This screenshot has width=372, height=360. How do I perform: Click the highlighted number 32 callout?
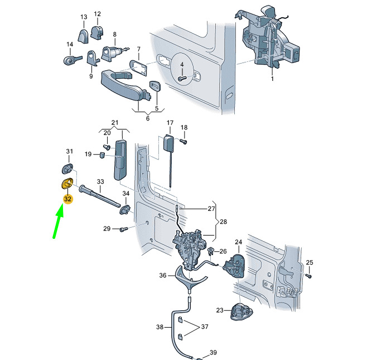pyautogui.click(x=67, y=199)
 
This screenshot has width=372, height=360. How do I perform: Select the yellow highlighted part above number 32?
pyautogui.click(x=67, y=183)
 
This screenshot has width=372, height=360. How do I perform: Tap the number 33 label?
pyautogui.click(x=100, y=181)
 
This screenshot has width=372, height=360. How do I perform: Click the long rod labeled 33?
pyautogui.click(x=100, y=196)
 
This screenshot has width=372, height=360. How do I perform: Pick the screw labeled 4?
pyautogui.click(x=182, y=78)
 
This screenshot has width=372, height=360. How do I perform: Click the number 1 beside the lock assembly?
pyautogui.click(x=272, y=78)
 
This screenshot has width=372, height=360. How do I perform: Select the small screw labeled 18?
pyautogui.click(x=183, y=141)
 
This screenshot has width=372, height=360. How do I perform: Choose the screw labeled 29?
pyautogui.click(x=124, y=229)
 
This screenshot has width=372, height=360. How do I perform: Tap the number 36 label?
pyautogui.click(x=163, y=275)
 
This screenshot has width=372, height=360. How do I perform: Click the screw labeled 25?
pyautogui.click(x=308, y=276)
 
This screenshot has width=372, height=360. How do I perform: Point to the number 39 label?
pyautogui.click(x=213, y=352)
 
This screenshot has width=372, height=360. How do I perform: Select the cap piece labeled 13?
pyautogui.click(x=83, y=36)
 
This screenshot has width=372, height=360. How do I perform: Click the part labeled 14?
pyautogui.click(x=73, y=60)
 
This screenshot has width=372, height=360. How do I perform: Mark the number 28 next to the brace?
pyautogui.click(x=223, y=222)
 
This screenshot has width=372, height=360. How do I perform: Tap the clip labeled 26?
pyautogui.click(x=211, y=251)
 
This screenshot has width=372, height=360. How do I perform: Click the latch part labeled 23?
pyautogui.click(x=241, y=311)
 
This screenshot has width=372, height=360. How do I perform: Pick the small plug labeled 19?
pyautogui.click(x=102, y=155)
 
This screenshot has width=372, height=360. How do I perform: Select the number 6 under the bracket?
pyautogui.click(x=148, y=118)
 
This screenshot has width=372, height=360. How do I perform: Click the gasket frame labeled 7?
pyautogui.click(x=138, y=68)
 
